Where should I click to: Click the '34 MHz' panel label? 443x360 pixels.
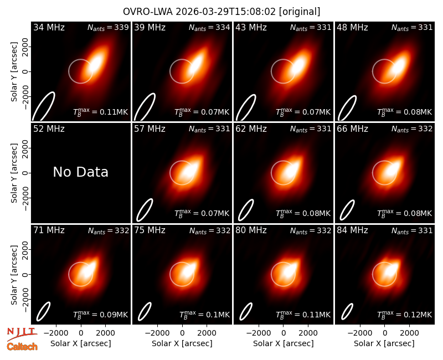click(x=49, y=27)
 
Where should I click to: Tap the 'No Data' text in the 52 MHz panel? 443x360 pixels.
click(x=80, y=172)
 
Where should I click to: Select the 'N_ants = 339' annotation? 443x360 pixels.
click(x=108, y=27)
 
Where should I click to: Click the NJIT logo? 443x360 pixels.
click(x=22, y=334)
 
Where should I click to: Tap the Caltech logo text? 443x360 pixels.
click(x=22, y=347)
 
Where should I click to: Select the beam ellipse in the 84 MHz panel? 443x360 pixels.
click(x=347, y=312)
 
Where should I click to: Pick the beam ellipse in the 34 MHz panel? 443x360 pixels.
click(x=43, y=106)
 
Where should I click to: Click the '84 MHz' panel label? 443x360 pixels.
click(x=352, y=230)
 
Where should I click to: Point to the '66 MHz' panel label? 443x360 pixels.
click(x=352, y=129)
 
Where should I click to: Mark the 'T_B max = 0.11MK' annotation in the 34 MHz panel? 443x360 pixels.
click(x=101, y=112)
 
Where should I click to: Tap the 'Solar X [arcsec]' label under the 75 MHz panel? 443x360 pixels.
click(x=182, y=343)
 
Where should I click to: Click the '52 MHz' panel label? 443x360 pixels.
click(x=49, y=129)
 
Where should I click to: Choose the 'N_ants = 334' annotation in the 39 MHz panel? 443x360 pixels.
click(x=209, y=27)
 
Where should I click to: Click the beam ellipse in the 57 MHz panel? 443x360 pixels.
click(x=145, y=210)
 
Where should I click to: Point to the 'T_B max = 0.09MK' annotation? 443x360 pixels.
click(x=101, y=315)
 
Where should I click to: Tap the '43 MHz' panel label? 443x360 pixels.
click(x=251, y=27)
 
